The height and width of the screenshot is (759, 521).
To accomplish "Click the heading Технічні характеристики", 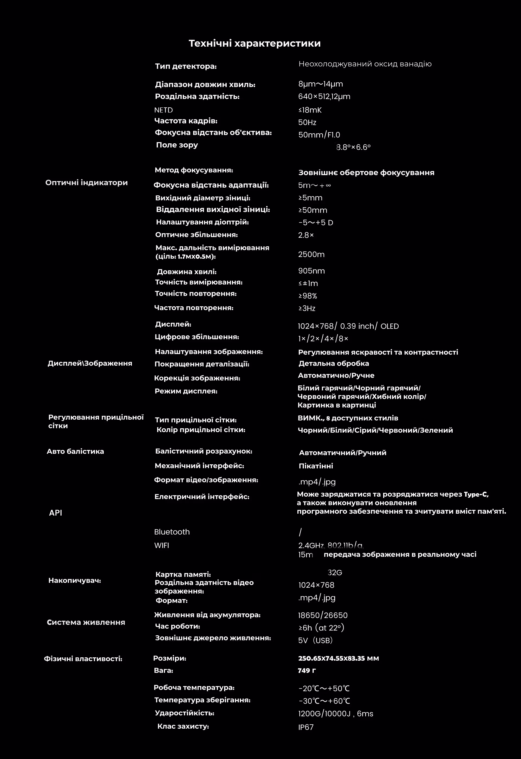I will (255, 43).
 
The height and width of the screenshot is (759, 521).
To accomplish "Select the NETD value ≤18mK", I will (310, 110).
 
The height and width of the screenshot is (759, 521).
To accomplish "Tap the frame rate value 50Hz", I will (307, 123).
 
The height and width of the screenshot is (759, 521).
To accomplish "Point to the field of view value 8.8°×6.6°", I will (353, 147).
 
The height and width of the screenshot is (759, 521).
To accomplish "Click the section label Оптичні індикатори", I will (86, 182).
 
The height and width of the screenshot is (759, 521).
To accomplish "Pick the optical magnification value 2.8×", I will (306, 235).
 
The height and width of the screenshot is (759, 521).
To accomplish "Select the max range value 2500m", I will (311, 255).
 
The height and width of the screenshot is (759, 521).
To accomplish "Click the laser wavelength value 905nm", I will (312, 271).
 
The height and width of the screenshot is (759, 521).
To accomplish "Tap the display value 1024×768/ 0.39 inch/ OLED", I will (348, 326).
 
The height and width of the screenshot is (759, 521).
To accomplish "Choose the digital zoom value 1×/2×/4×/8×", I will (323, 339).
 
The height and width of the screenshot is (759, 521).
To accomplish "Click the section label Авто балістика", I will (75, 451).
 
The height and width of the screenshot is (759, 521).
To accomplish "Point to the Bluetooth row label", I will (172, 532).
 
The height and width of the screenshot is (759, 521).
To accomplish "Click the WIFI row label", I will (161, 545).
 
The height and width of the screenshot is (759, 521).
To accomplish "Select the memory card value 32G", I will (335, 572).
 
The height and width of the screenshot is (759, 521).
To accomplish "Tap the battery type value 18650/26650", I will (323, 615).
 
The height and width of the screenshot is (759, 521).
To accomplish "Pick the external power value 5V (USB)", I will (315, 641).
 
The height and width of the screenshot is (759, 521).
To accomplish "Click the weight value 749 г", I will (307, 670).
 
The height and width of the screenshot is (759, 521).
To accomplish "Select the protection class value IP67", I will (306, 727).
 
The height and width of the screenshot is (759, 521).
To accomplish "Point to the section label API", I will (55, 513).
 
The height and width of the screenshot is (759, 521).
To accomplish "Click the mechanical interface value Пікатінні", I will (316, 466).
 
